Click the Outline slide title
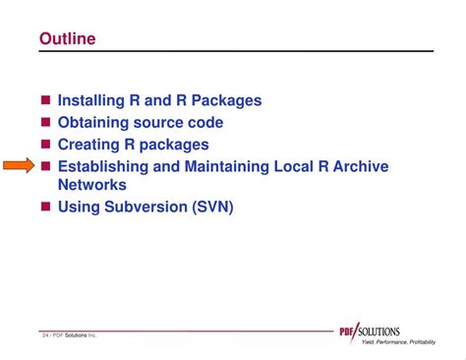point(68,38)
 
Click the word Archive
point(359,166)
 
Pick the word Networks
point(91,184)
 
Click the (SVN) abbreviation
point(213,207)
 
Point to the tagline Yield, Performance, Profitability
point(397,341)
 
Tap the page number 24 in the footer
point(46,335)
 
